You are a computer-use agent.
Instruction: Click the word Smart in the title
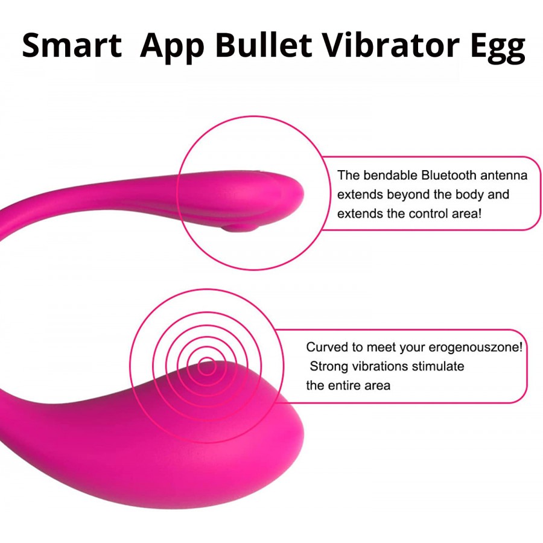point(72,45)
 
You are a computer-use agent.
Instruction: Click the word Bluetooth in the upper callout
point(448,175)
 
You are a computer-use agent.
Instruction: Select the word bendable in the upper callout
point(390,175)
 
